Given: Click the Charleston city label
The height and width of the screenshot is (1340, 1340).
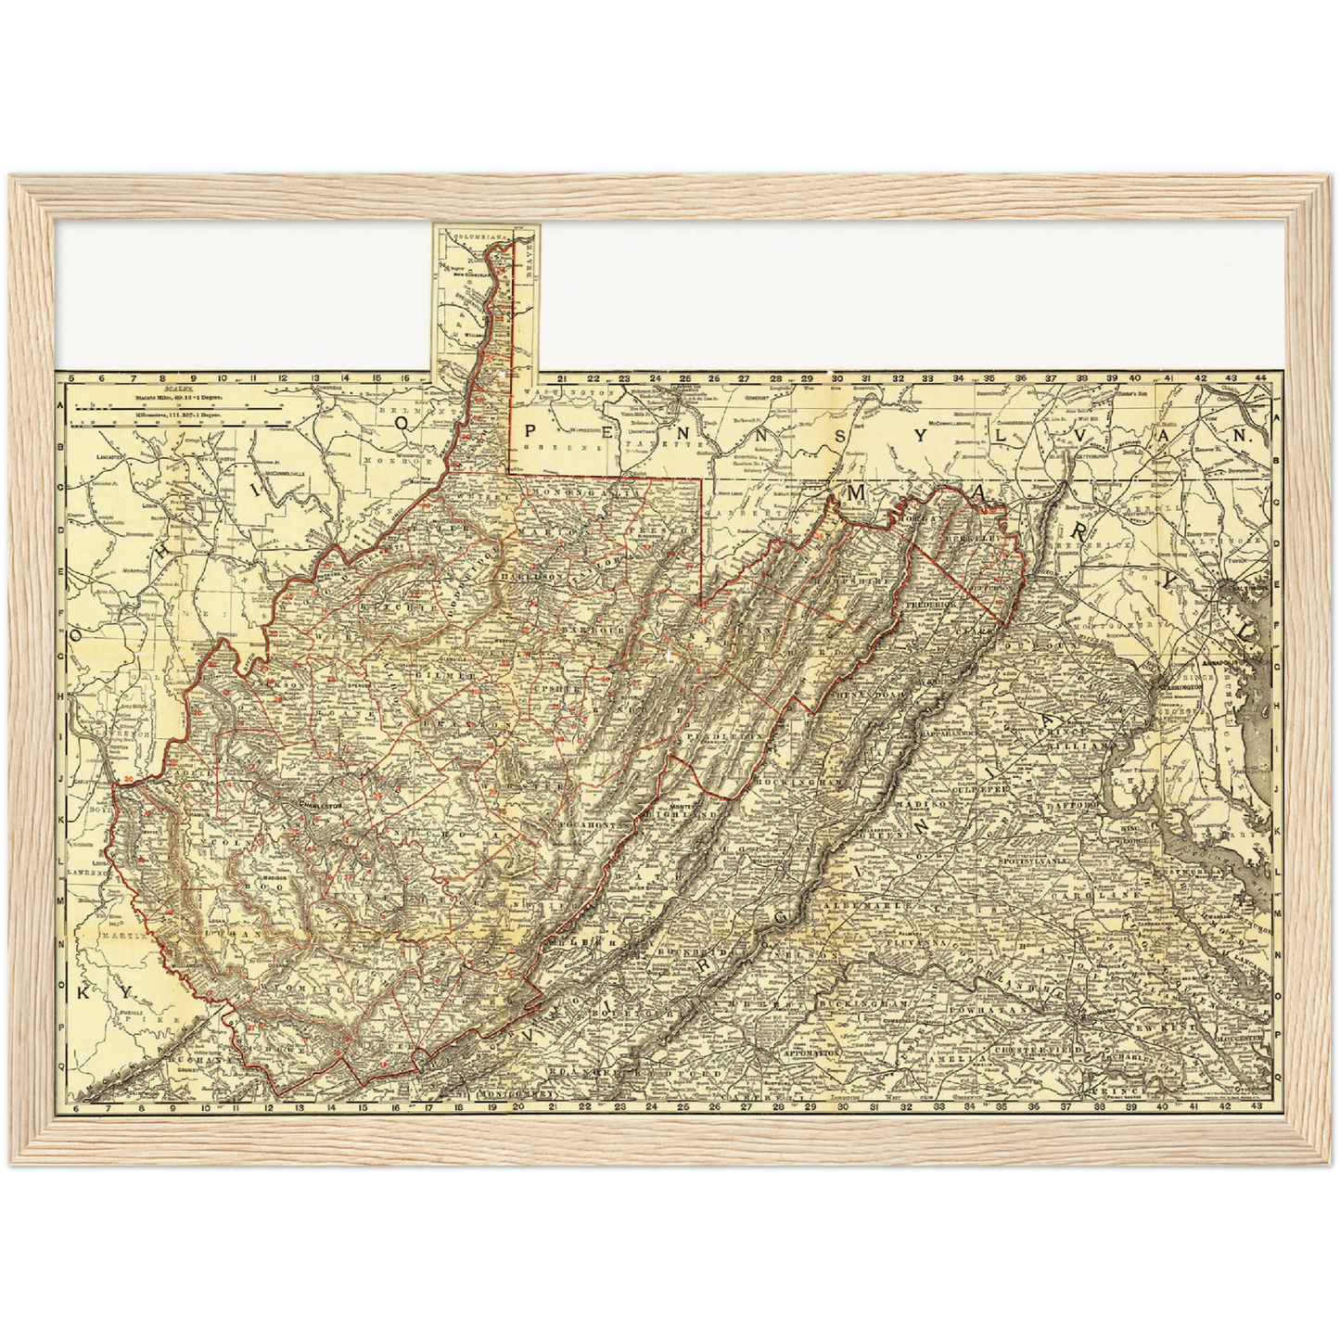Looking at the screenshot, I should pyautogui.click(x=318, y=805).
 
